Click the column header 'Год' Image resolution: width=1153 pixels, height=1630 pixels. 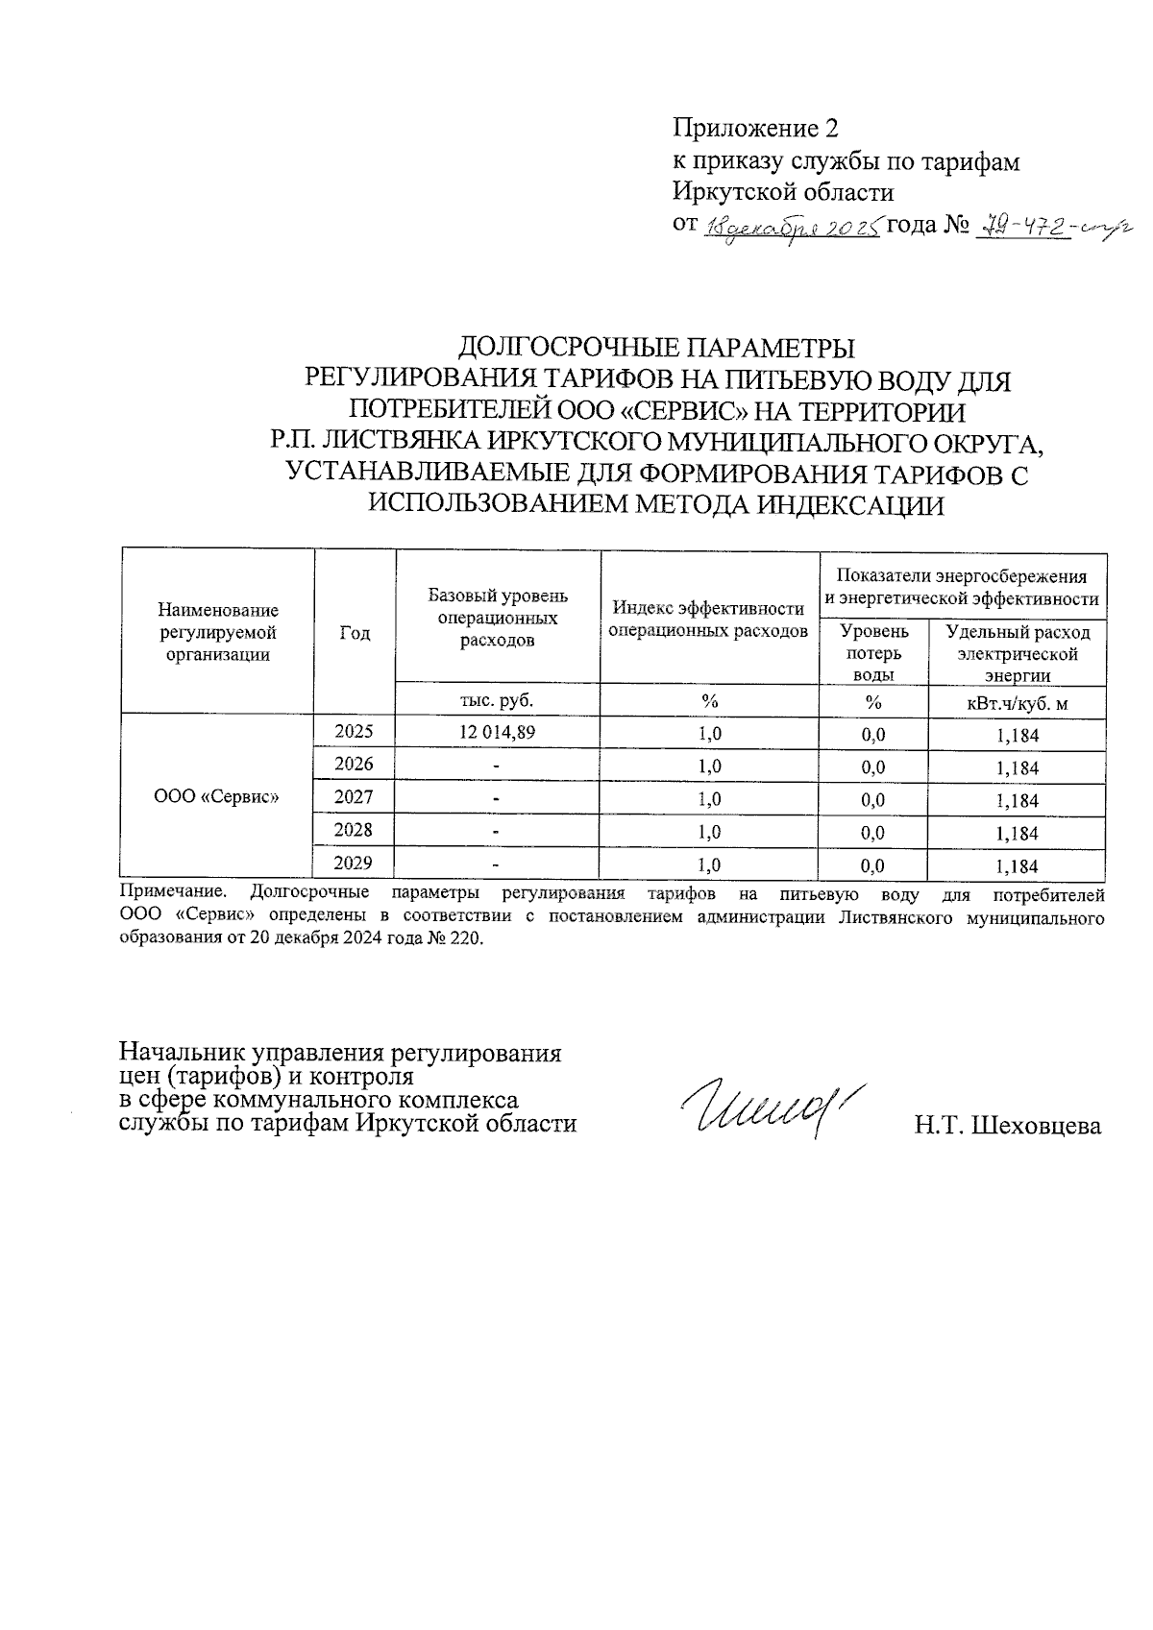tap(355, 632)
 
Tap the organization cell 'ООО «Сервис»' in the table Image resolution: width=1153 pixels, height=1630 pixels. tap(217, 796)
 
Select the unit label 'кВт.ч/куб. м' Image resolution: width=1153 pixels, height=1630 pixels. tap(1017, 704)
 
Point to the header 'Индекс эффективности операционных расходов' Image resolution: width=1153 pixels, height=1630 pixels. tap(709, 620)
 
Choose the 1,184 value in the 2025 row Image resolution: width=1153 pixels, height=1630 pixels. tap(1017, 737)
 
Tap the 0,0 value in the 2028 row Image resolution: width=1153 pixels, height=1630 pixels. tap(872, 833)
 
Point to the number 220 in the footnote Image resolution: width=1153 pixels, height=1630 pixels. tap(469, 938)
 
